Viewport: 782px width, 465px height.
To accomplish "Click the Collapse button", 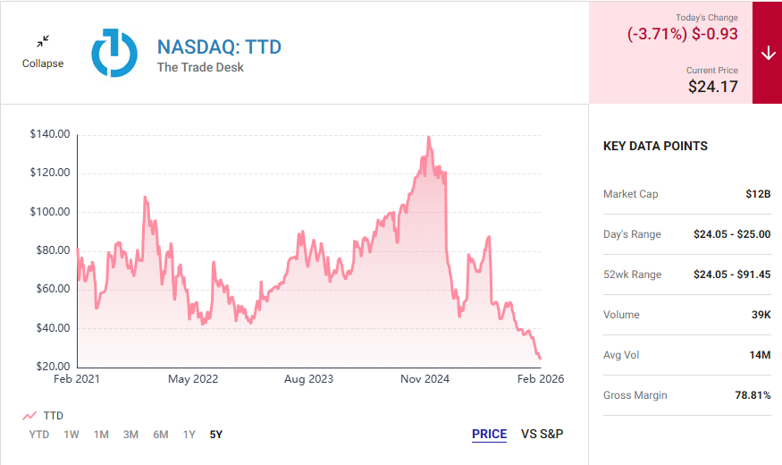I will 43,51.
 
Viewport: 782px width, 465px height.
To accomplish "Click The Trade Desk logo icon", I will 114,52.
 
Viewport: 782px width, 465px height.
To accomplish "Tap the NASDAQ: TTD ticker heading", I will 219,46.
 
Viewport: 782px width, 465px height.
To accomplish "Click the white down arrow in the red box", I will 768,53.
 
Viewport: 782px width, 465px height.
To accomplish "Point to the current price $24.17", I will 713,87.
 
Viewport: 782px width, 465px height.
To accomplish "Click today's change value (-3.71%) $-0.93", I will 684,33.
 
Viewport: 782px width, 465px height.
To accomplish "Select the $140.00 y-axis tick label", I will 50,134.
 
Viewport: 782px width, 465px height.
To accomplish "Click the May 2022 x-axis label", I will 193,379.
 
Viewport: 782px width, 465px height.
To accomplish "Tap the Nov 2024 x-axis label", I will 425,379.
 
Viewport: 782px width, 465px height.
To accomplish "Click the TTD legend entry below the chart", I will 44,416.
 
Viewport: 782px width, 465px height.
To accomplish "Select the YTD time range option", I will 38,435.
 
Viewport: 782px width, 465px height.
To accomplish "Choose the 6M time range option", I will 160,435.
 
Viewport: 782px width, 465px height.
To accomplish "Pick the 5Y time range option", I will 215,435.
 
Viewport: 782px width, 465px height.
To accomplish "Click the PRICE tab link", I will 489,435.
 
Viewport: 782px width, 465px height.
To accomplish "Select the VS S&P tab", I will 542,435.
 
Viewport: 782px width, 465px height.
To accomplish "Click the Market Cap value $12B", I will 758,194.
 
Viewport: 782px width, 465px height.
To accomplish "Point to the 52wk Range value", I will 731,275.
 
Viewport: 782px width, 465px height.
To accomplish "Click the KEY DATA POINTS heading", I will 655,146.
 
